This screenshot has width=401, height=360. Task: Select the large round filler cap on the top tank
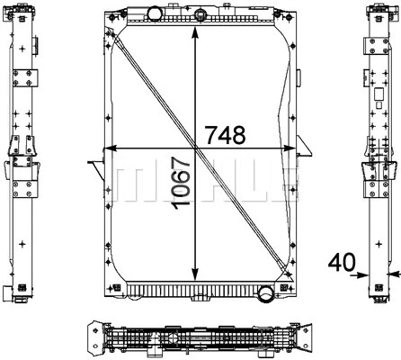(154, 13)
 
